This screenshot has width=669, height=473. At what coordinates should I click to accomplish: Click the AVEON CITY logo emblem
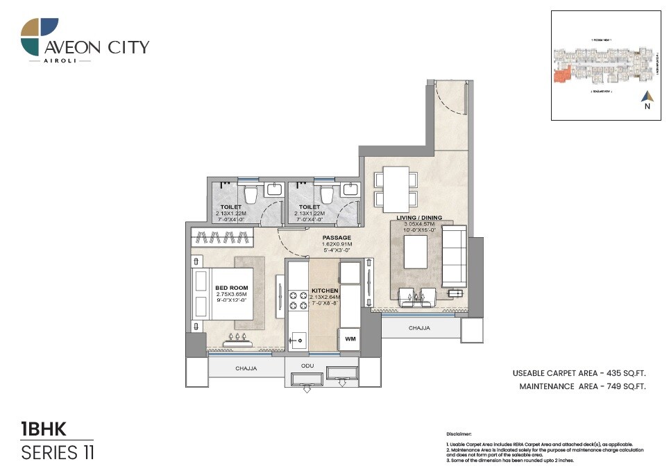[40, 37]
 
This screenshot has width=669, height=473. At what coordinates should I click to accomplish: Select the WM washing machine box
[349, 339]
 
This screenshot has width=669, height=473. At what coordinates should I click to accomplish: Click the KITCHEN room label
[325, 291]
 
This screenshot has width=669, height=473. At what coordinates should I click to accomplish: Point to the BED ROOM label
[231, 288]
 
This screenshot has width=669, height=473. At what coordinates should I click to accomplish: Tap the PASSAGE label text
[337, 238]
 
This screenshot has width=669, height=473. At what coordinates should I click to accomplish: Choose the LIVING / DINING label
[419, 218]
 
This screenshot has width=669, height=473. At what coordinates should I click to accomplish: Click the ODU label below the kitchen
[307, 365]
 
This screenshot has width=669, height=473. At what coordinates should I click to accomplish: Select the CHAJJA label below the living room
[419, 327]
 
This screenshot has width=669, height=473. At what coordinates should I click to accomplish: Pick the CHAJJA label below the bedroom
[246, 368]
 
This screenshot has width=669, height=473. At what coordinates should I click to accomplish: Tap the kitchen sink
[298, 340]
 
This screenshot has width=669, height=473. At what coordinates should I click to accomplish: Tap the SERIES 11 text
[58, 453]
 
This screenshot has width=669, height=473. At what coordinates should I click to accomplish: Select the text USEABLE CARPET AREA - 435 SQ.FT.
[579, 373]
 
